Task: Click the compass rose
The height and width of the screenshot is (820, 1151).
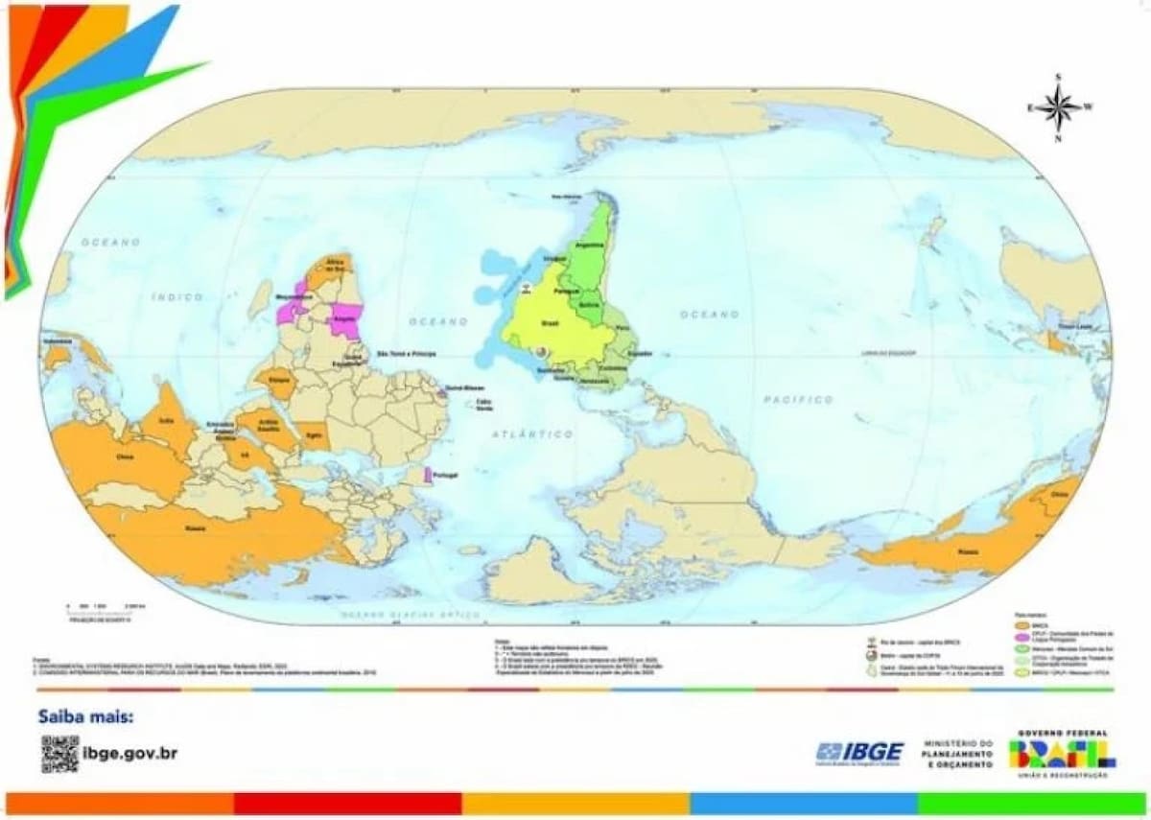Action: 1059,106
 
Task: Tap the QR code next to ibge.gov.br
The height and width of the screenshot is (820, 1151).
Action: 59,753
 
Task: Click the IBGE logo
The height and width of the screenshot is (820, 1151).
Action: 859,752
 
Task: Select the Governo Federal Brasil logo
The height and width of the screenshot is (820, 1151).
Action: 1062,753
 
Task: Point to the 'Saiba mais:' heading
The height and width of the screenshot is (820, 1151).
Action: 86,716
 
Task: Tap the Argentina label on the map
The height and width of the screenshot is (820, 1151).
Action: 588,245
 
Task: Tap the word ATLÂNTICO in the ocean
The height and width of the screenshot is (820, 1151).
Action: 532,434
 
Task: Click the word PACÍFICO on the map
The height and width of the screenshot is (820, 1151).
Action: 798,399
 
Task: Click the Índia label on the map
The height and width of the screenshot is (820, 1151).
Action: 166,419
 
